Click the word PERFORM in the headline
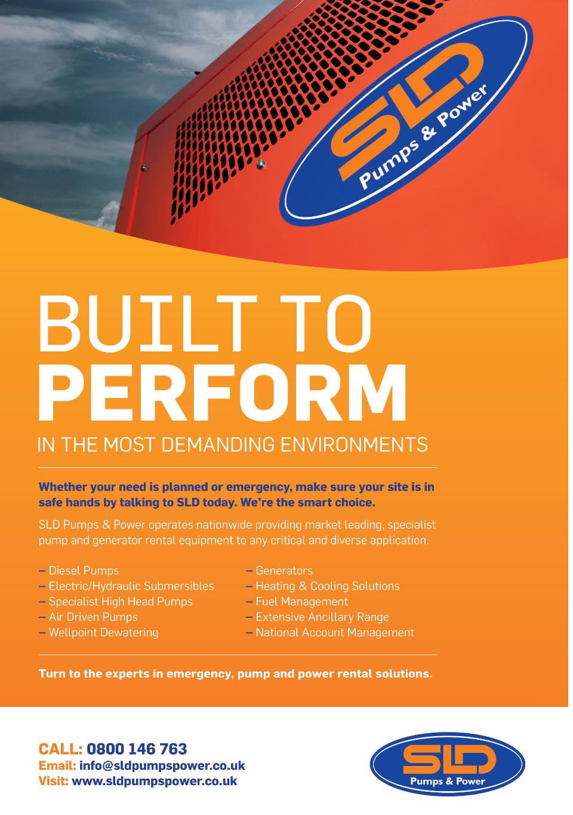(222, 392)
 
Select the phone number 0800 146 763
(137, 749)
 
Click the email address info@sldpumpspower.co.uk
(162, 765)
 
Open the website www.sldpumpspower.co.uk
(155, 781)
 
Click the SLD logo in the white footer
(447, 764)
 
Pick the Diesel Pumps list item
(79, 571)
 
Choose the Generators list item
(279, 571)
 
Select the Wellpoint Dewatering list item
(98, 633)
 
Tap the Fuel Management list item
(297, 602)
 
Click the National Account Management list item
(330, 633)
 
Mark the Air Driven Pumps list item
(88, 617)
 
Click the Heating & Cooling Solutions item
(323, 586)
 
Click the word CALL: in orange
(61, 749)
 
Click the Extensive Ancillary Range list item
(317, 617)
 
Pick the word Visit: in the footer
(53, 781)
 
